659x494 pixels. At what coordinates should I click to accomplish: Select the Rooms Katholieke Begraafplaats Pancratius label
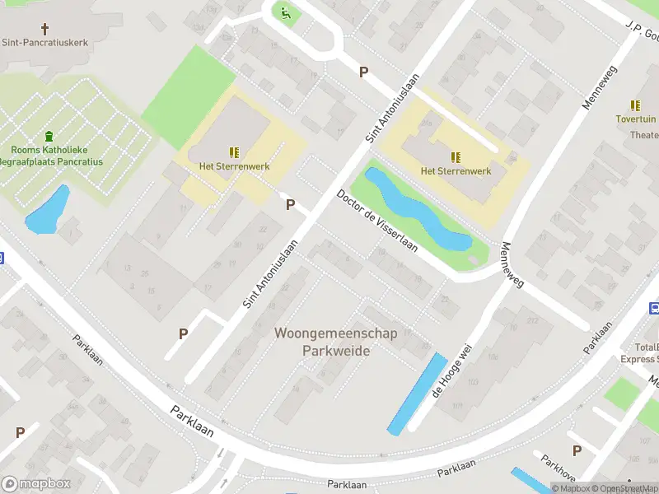click(x=56, y=156)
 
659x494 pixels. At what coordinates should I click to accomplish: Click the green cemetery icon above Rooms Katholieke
click(x=49, y=136)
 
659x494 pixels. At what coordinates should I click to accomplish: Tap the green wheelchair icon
click(x=285, y=12)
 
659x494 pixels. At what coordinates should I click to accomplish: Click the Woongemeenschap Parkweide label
click(x=335, y=342)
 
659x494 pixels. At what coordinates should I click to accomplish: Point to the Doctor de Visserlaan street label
click(x=376, y=221)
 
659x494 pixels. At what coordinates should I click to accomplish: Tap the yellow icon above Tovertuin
click(x=635, y=105)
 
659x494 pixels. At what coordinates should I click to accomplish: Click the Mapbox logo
click(x=36, y=484)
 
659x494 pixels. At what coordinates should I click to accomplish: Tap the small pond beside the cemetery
click(x=47, y=212)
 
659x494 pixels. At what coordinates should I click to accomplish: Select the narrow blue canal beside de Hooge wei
click(x=417, y=394)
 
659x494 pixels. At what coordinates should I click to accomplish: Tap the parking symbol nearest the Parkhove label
click(x=577, y=450)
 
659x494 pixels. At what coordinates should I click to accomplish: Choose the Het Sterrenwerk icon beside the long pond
click(x=455, y=156)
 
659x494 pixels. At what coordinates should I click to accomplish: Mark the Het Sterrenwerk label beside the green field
click(x=234, y=165)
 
